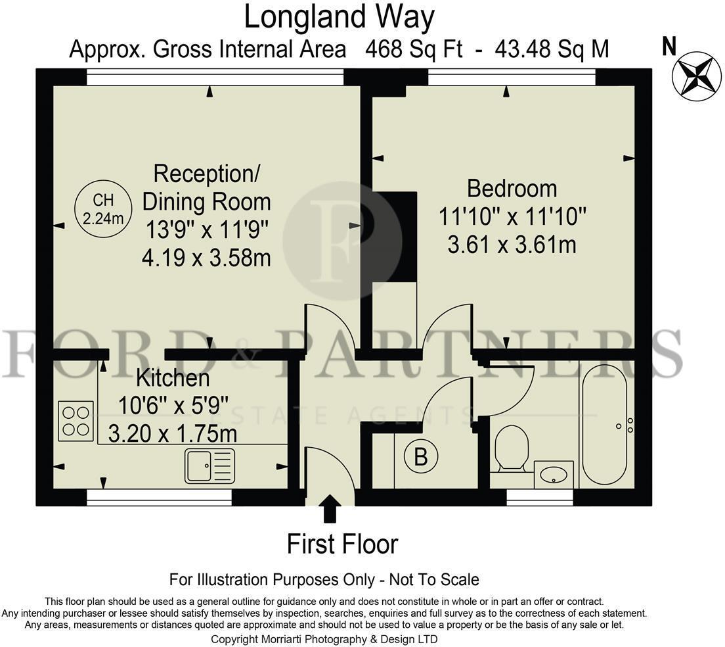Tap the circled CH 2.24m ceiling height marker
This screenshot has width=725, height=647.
pyautogui.click(x=104, y=208)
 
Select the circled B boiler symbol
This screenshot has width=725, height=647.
pyautogui.click(x=421, y=456)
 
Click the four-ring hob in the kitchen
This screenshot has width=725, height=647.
pyautogui.click(x=76, y=421)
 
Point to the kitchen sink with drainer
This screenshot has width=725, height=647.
pyautogui.click(x=210, y=466)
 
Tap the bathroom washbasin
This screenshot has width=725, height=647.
pyautogui.click(x=554, y=474)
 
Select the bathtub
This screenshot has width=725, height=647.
pyautogui.click(x=604, y=424)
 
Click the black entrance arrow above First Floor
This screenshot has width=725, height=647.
pyautogui.click(x=330, y=508)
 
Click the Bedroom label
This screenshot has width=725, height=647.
pyautogui.click(x=512, y=188)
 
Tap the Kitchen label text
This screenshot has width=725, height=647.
pyautogui.click(x=173, y=378)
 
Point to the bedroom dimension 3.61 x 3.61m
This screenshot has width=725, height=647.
pyautogui.click(x=512, y=245)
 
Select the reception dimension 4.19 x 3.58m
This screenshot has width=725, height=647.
pyautogui.click(x=206, y=258)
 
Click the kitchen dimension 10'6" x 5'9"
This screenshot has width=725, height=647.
pyautogui.click(x=173, y=406)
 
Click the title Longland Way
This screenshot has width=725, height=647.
pyautogui.click(x=340, y=17)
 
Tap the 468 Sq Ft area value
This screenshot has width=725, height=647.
pyautogui.click(x=414, y=49)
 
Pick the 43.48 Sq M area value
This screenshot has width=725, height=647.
pyautogui.click(x=552, y=49)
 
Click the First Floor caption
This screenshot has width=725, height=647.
pyautogui.click(x=342, y=544)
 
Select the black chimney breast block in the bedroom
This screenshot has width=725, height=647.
pyautogui.click(x=395, y=236)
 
